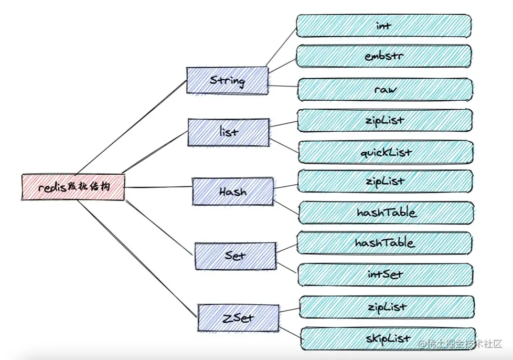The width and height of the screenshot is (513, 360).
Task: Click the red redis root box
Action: click(x=73, y=187)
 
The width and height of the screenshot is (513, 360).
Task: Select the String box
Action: click(x=228, y=80)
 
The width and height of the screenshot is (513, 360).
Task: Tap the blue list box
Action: click(x=229, y=132)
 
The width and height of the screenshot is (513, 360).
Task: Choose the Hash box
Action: click(x=233, y=192)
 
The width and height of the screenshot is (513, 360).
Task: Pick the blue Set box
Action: click(x=235, y=256)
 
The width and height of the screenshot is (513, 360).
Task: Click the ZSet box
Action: click(x=238, y=317)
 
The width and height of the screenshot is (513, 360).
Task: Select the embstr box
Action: click(x=384, y=56)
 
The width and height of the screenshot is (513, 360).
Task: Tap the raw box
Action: click(x=386, y=89)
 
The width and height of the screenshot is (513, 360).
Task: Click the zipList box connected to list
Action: click(x=386, y=120)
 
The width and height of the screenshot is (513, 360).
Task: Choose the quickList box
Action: click(x=387, y=152)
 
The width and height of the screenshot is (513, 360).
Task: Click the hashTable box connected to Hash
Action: click(x=387, y=213)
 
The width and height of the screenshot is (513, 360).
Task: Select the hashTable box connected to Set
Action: click(x=385, y=243)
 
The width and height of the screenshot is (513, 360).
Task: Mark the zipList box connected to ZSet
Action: click(x=387, y=306)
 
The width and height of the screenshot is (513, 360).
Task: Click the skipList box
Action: click(x=388, y=338)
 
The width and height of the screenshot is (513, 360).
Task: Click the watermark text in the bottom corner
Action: click(x=459, y=344)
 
